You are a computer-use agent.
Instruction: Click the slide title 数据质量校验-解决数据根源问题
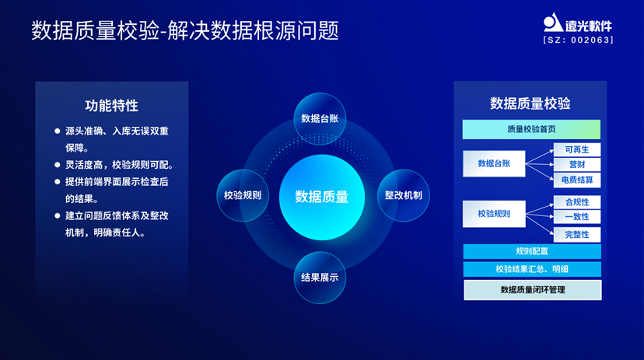(185, 30)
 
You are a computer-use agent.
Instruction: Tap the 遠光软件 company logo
(578, 23)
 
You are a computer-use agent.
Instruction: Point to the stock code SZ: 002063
(578, 40)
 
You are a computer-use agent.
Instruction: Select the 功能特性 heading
(112, 106)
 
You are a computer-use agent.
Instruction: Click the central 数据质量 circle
(322, 197)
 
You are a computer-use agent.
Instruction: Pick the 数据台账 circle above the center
(320, 118)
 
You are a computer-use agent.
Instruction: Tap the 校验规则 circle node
(242, 195)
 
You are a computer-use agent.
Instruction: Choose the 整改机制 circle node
(403, 195)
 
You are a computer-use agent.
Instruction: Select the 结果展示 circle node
(320, 277)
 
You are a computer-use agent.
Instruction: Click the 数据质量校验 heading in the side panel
(530, 103)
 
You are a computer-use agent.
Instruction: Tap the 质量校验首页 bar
(531, 129)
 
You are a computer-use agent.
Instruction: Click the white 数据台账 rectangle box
(493, 163)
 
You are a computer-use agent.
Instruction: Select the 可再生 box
(577, 149)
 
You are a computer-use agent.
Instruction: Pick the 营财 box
(577, 165)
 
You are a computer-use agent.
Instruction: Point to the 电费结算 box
(577, 180)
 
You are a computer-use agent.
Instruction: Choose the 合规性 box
(577, 202)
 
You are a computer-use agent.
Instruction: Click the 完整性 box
(577, 234)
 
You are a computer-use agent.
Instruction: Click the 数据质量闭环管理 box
(533, 290)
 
